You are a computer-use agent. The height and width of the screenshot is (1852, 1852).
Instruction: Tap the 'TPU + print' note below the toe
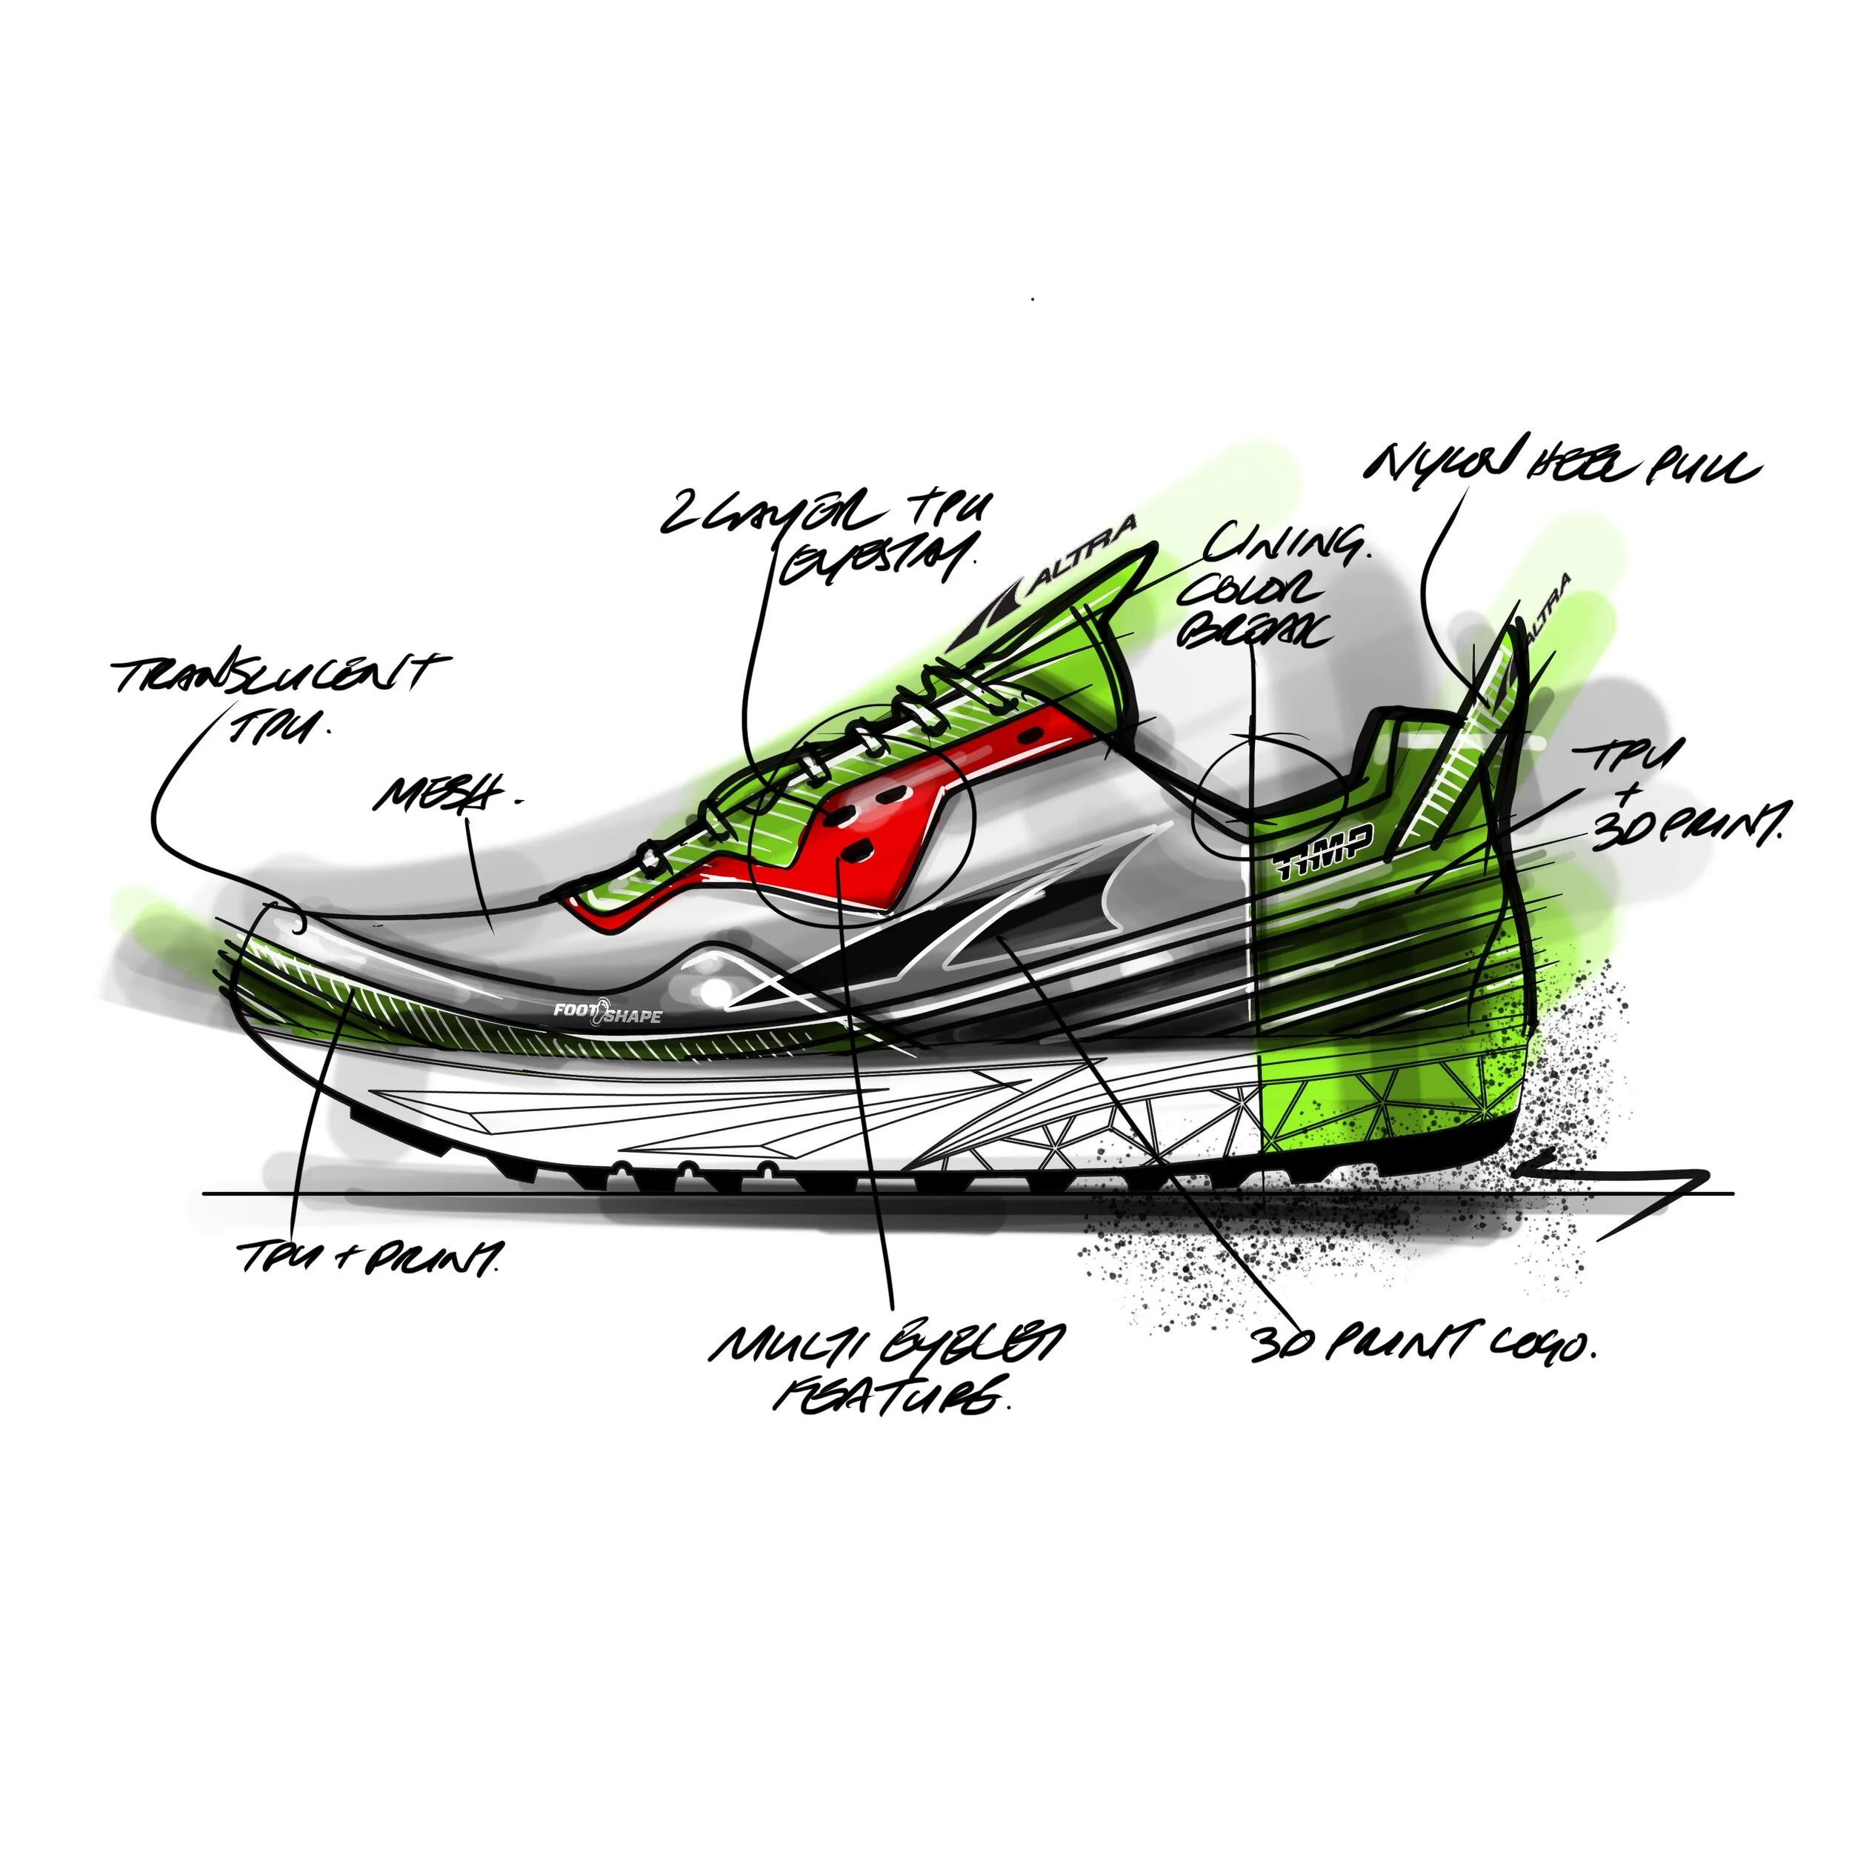[369, 1256]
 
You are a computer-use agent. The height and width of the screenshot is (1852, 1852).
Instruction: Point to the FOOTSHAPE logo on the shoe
[607, 1011]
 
